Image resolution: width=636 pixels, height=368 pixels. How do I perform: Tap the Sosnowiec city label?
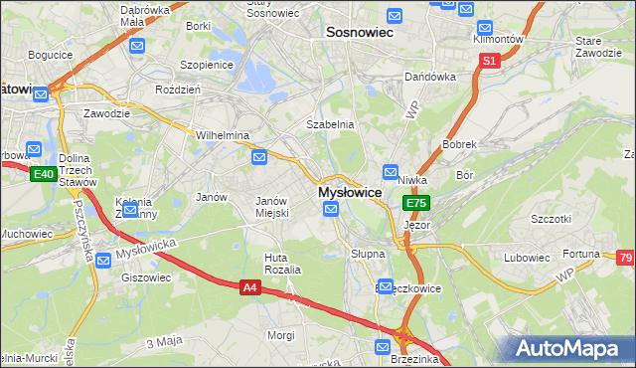[360, 33]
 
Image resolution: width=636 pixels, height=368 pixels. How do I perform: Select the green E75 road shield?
[415, 203]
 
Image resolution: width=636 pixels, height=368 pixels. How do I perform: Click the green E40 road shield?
[43, 174]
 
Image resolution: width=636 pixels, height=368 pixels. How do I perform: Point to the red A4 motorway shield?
[250, 287]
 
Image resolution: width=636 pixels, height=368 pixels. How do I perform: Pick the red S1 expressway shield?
[489, 61]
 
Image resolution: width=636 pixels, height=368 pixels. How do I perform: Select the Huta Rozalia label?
[282, 264]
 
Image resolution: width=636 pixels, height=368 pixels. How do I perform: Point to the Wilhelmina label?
[222, 135]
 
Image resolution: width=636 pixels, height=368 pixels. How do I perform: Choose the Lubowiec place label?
[527, 258]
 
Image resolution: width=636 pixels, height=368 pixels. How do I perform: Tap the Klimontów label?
[499, 39]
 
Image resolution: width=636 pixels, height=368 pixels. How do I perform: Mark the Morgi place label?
[280, 335]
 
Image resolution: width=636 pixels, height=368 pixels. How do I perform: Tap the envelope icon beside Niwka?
[391, 170]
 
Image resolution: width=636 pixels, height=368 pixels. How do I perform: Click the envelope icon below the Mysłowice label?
[331, 208]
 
